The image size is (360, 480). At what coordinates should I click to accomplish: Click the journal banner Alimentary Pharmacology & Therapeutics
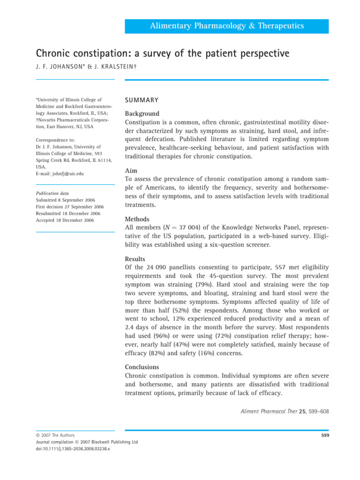(x=226, y=26)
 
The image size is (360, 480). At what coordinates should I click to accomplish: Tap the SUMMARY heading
(x=141, y=100)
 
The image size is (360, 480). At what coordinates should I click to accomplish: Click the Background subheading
(x=142, y=114)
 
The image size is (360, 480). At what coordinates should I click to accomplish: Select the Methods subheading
(x=137, y=219)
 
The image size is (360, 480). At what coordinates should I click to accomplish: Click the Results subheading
(x=135, y=259)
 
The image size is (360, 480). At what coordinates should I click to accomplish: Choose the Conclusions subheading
(x=142, y=367)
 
